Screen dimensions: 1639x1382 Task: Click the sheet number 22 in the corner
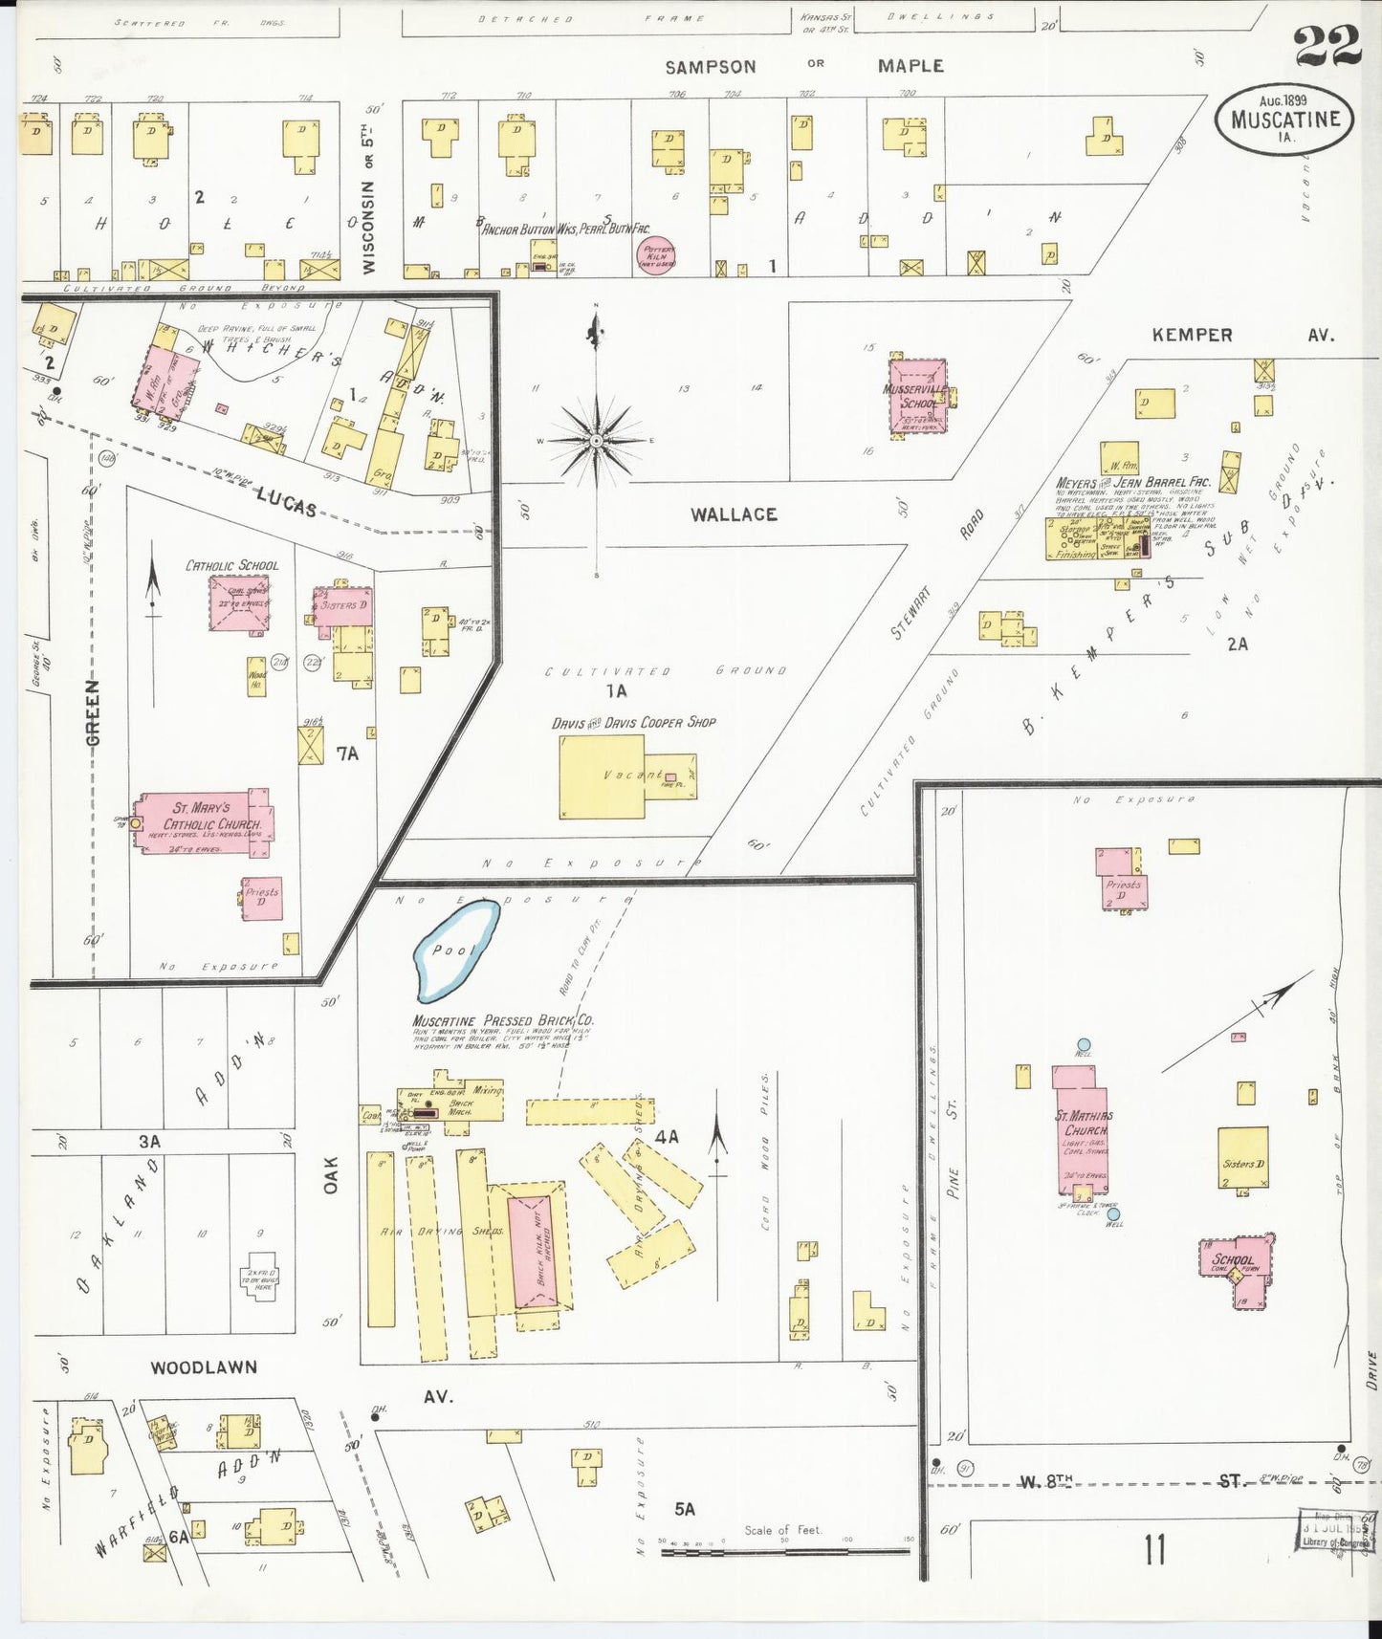point(1327,45)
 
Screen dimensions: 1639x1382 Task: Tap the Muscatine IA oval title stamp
point(1284,119)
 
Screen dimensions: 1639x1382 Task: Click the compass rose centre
point(596,440)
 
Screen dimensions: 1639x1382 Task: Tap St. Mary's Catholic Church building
point(204,821)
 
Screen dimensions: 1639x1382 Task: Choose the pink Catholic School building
point(239,602)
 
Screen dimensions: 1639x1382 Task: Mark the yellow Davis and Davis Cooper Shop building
point(602,776)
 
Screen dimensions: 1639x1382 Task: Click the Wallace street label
point(734,514)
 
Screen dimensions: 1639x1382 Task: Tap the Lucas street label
point(286,501)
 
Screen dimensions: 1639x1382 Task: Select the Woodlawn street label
point(204,1367)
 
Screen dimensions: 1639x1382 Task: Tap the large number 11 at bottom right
point(1154,1550)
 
